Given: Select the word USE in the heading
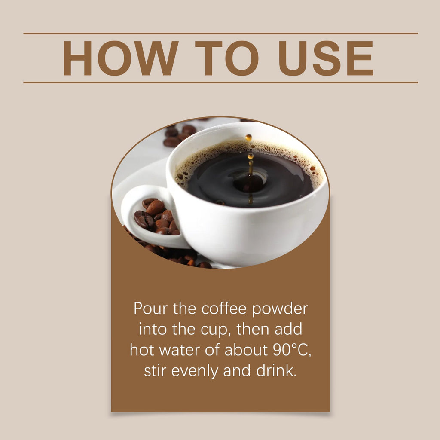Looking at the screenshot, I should click(x=326, y=58).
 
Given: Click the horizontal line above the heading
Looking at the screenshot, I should click(x=220, y=34).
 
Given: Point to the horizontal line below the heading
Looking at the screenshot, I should click(x=220, y=82).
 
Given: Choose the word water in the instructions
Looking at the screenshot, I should click(x=180, y=350).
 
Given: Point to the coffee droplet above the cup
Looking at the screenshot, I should click(x=248, y=138).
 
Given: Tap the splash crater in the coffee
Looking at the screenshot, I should click(x=248, y=182).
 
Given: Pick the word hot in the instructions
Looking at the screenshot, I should click(x=142, y=350).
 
